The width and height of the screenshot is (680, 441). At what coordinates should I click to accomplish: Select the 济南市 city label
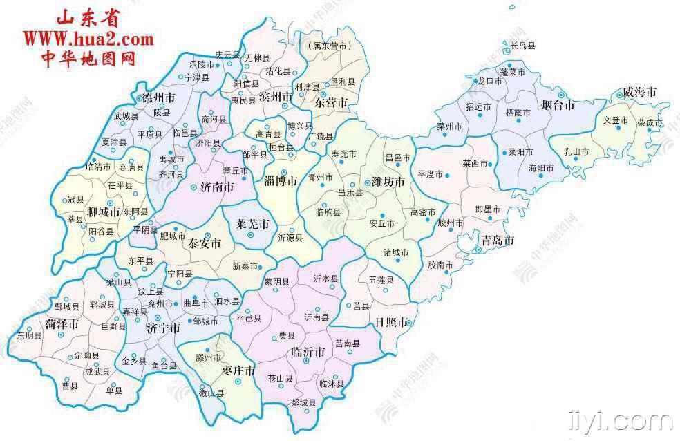[x=217, y=187]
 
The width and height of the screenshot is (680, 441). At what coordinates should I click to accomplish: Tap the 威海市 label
[x=639, y=92]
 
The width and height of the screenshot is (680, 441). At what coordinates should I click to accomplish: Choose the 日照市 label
[x=391, y=322]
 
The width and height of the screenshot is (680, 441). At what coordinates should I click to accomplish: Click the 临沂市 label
[x=308, y=352]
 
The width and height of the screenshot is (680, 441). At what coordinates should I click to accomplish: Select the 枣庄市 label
[x=239, y=370]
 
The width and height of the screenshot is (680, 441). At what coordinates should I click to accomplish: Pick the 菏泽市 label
[x=62, y=323]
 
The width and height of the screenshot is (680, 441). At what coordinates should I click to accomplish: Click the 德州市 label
[x=158, y=96]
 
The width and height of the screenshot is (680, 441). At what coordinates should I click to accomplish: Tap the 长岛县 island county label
[x=522, y=46]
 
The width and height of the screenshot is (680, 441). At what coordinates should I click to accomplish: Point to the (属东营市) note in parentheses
[x=328, y=46]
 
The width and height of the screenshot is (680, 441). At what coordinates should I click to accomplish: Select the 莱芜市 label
[x=252, y=224]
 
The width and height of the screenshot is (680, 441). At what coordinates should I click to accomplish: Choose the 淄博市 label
[x=281, y=181]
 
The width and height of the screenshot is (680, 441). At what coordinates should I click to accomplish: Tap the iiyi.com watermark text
[x=619, y=419]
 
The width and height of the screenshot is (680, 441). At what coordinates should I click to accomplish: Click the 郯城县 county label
[x=303, y=403]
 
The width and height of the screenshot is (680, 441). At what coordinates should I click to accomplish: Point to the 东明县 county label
[x=30, y=335]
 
